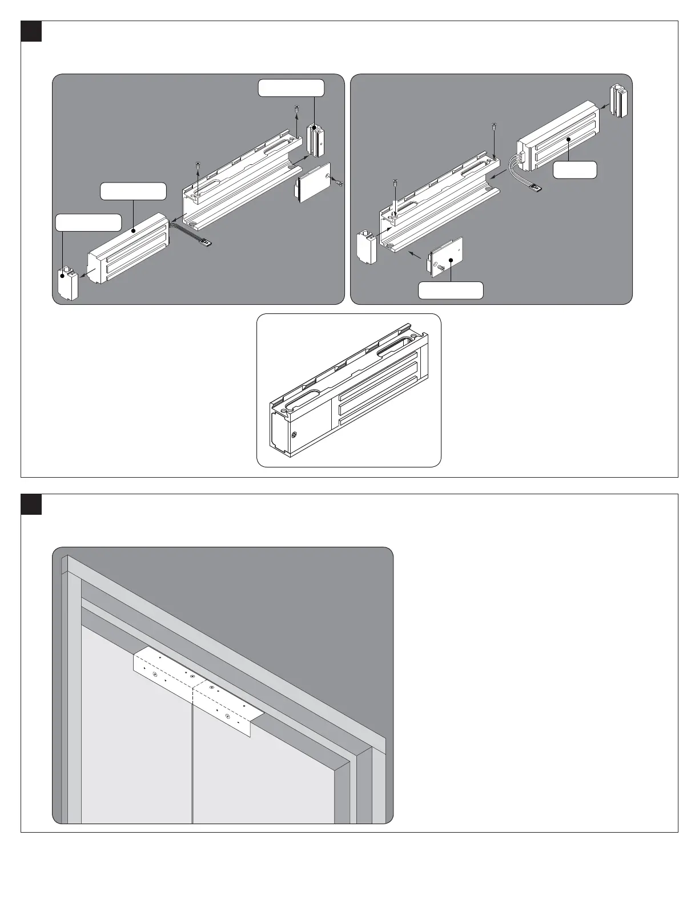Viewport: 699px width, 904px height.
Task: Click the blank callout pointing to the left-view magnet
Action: tap(133, 191)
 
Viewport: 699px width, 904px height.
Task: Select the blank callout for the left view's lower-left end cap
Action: tap(89, 223)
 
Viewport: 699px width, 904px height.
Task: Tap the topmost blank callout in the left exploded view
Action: tap(291, 88)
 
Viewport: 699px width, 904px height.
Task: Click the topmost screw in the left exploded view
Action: tap(297, 108)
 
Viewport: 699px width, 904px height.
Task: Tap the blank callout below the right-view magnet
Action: tap(575, 170)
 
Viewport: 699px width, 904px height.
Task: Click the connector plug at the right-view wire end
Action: tap(537, 186)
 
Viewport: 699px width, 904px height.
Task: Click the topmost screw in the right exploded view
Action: tap(493, 127)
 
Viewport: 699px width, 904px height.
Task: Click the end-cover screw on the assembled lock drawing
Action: tap(294, 435)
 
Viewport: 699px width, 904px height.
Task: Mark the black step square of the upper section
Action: tap(31, 31)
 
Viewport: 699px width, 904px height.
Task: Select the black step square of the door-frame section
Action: tap(31, 504)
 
